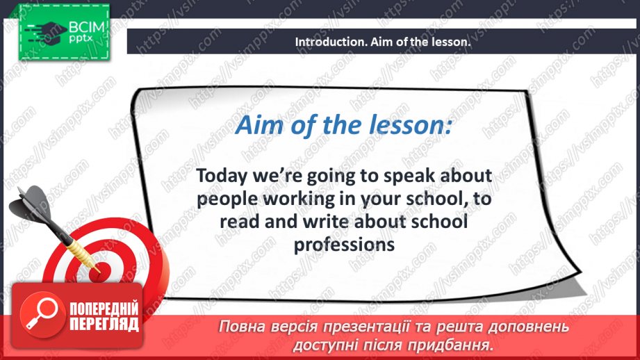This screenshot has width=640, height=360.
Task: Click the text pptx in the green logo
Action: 81,39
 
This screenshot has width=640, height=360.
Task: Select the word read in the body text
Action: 238,222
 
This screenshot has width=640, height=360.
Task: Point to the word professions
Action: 344,245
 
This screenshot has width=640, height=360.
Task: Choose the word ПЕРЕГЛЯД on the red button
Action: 104,324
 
